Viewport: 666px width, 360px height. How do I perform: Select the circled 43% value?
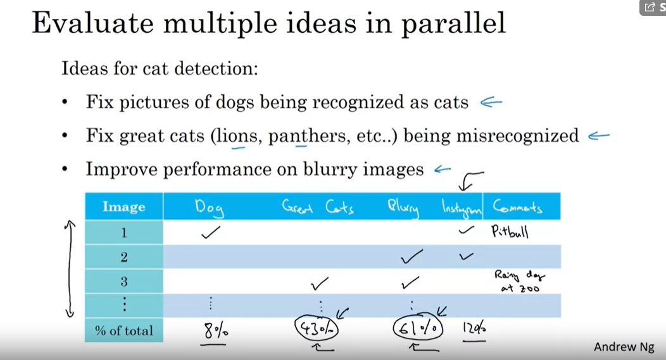click(317, 330)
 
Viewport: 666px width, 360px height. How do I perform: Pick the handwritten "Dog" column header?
click(208, 207)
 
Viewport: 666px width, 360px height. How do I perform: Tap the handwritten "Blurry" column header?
click(403, 208)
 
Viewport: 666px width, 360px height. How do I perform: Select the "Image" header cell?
click(124, 207)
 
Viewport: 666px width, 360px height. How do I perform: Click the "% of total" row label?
click(124, 330)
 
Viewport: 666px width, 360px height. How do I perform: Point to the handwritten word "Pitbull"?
click(510, 232)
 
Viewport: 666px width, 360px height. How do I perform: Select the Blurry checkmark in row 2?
click(412, 257)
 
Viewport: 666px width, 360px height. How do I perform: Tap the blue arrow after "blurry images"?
click(442, 169)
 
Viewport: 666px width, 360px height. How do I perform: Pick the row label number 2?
click(124, 257)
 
